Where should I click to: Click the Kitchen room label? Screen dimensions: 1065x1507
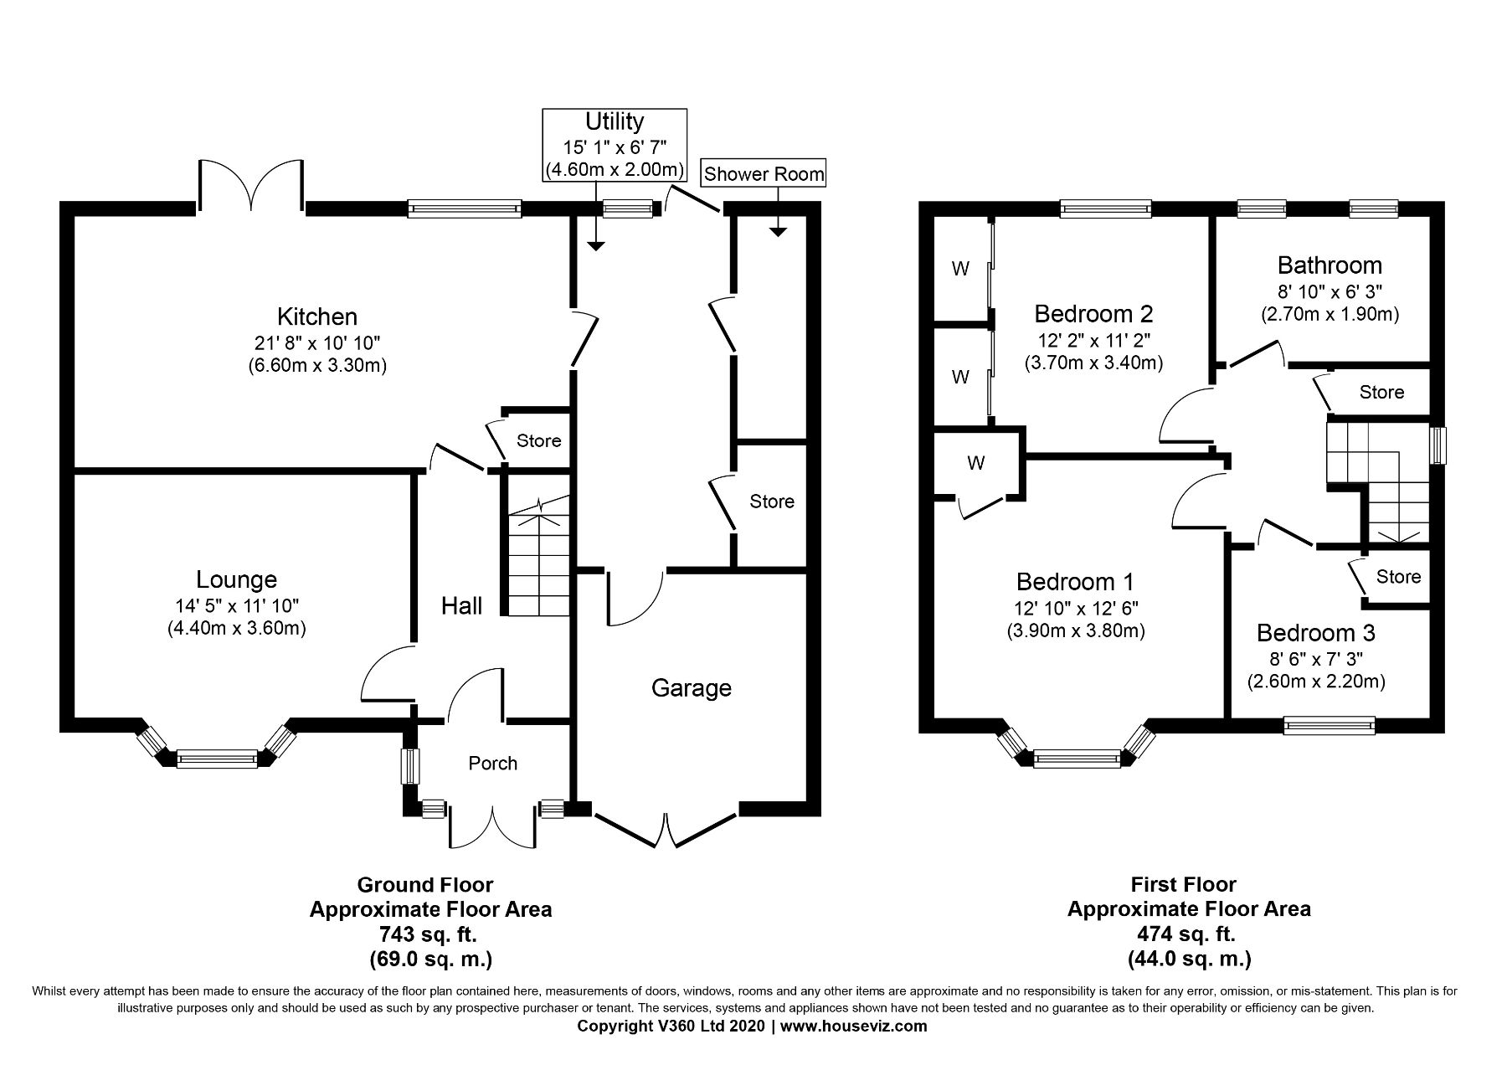coord(317,316)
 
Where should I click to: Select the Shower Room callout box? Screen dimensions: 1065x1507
coord(764,174)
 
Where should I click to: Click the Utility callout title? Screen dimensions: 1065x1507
coord(614,122)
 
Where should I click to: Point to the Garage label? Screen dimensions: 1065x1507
coord(692,688)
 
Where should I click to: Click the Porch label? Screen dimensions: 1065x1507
coord(492,763)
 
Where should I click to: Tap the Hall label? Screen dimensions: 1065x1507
coord(461,605)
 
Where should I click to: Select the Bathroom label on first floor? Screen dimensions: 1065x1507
coord(1330,265)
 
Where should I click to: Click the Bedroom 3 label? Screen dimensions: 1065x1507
coord(1315,633)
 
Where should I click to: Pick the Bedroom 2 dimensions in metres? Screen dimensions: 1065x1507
coord(1093,363)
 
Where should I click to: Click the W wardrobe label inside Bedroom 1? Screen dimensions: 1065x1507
coord(976,463)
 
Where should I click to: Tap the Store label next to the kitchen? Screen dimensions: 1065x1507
coord(538,440)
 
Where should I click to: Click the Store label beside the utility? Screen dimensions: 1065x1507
coord(771,502)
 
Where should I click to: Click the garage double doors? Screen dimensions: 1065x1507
coord(666,829)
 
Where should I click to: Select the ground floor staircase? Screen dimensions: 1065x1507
coord(537,557)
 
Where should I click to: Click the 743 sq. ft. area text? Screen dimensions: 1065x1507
coord(430,934)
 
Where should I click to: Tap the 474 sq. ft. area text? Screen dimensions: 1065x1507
coord(1188,934)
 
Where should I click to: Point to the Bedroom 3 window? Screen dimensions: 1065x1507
coord(1330,725)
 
